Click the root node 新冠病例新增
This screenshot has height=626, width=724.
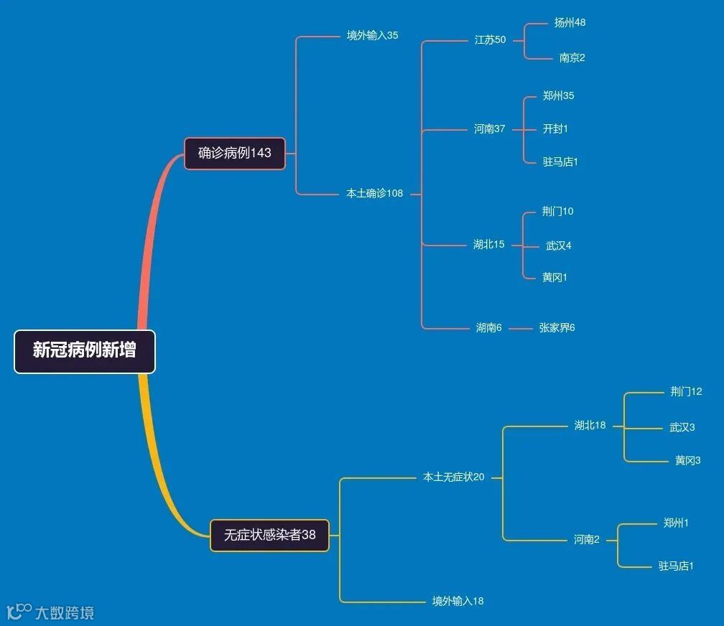click(85, 351)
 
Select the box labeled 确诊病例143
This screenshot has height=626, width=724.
click(235, 153)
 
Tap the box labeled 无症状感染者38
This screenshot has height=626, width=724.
click(269, 535)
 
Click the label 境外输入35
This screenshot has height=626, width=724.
click(372, 35)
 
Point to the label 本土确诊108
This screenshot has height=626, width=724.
click(375, 193)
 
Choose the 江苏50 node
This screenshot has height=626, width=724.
click(490, 40)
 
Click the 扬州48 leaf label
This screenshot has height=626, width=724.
click(570, 23)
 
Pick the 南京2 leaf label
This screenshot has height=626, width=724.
click(572, 58)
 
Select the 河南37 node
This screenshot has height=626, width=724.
click(489, 129)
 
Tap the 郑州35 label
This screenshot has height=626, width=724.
click(558, 96)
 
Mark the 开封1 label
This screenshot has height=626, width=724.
click(555, 129)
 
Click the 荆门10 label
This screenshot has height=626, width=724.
click(557, 212)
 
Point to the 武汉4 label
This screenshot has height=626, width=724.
click(558, 246)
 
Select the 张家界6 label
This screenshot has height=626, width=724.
click(557, 328)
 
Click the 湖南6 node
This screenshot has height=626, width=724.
click(488, 328)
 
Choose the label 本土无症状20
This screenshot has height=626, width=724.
click(453, 477)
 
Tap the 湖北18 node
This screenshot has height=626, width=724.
click(590, 426)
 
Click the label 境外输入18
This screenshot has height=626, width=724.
click(458, 601)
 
